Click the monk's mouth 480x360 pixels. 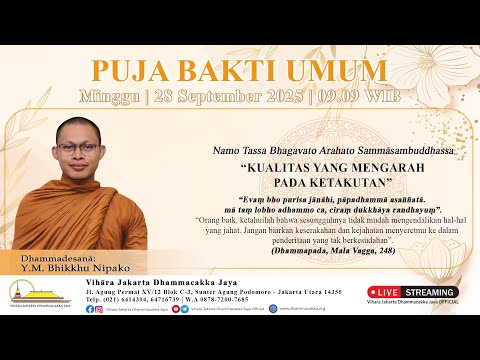(x=78, y=171)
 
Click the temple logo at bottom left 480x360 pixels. (x=27, y=292)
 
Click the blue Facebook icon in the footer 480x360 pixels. (x=89, y=309)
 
